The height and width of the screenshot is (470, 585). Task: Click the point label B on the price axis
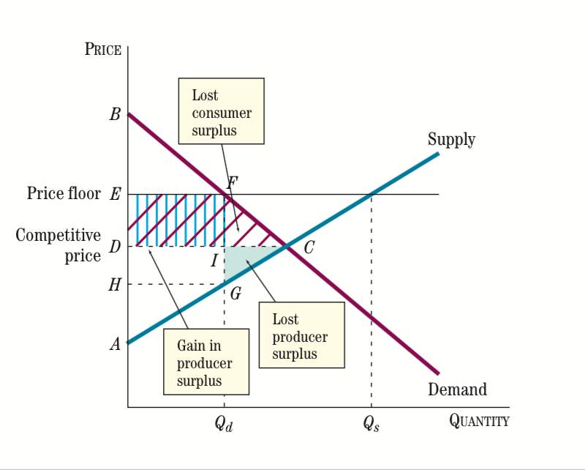point(115,115)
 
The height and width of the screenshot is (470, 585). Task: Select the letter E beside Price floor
point(115,195)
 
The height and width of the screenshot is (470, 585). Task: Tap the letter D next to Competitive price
point(115,247)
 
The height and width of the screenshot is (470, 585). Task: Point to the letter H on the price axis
point(114,285)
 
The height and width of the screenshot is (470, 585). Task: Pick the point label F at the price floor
point(233,182)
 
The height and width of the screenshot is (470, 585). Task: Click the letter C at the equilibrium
point(309,248)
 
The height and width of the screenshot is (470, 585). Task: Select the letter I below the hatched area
point(214,261)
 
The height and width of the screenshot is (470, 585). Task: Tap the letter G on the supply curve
point(235,295)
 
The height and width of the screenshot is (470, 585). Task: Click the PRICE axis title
point(103,50)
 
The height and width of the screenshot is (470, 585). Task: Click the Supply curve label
point(451,139)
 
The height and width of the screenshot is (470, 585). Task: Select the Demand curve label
point(457,389)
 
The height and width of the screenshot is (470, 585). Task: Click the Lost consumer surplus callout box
point(221,112)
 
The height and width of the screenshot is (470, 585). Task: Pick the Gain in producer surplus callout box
point(205,362)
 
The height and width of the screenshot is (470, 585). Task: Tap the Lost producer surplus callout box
point(301,335)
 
